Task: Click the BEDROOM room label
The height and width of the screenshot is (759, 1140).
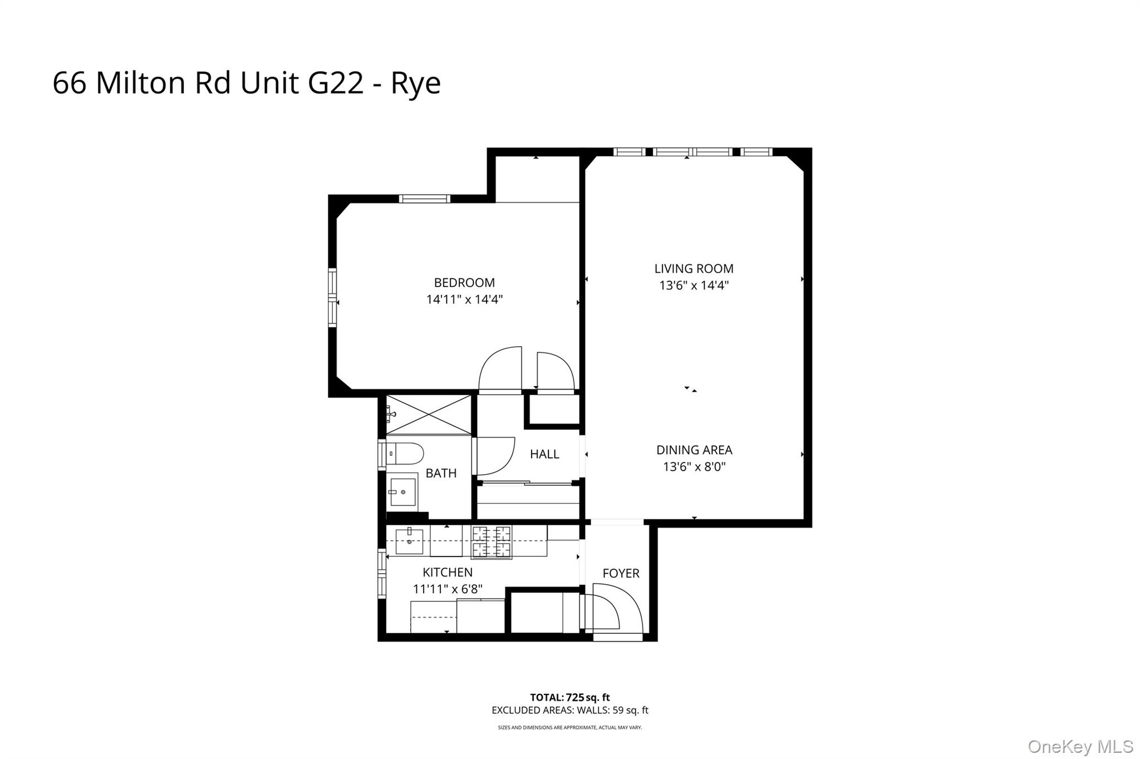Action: [464, 283]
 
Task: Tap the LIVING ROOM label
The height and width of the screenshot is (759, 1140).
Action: [694, 269]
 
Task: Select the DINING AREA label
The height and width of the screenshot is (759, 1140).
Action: [694, 450]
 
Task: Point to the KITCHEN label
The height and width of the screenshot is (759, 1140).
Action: [448, 572]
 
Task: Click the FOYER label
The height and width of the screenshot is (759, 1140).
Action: [621, 573]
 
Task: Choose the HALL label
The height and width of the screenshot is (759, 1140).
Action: [544, 454]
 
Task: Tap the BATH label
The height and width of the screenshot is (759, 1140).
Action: [441, 473]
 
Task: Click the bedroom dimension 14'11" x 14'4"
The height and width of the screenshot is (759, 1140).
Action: [464, 299]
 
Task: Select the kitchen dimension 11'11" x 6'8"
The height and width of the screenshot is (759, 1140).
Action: [448, 589]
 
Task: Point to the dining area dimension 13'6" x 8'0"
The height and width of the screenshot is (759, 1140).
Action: [694, 466]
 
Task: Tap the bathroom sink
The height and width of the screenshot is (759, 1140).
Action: [403, 492]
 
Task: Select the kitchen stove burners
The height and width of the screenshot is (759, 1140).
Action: [492, 541]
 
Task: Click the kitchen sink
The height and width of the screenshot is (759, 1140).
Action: [409, 541]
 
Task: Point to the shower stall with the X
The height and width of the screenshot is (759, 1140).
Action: [429, 415]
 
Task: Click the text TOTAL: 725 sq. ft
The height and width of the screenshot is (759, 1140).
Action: [569, 697]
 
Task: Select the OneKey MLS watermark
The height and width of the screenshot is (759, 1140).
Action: [1080, 746]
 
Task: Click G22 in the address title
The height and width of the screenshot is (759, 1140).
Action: [336, 83]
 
